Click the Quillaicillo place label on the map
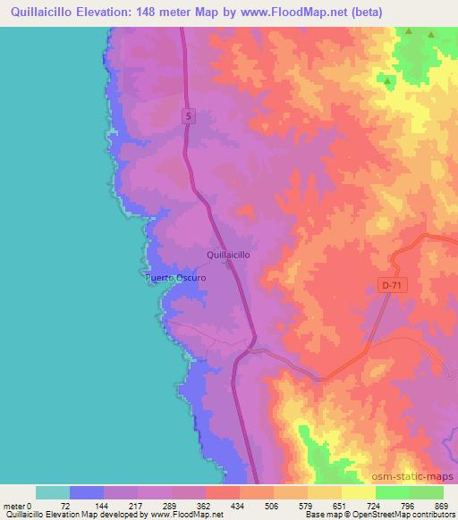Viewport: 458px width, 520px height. [228, 255]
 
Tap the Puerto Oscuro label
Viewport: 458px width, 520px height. [176, 278]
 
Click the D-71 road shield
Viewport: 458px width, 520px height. [387, 284]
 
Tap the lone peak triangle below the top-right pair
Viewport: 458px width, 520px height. [388, 81]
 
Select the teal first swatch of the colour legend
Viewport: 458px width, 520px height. [52, 492]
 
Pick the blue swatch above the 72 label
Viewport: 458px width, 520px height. [86, 492]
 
